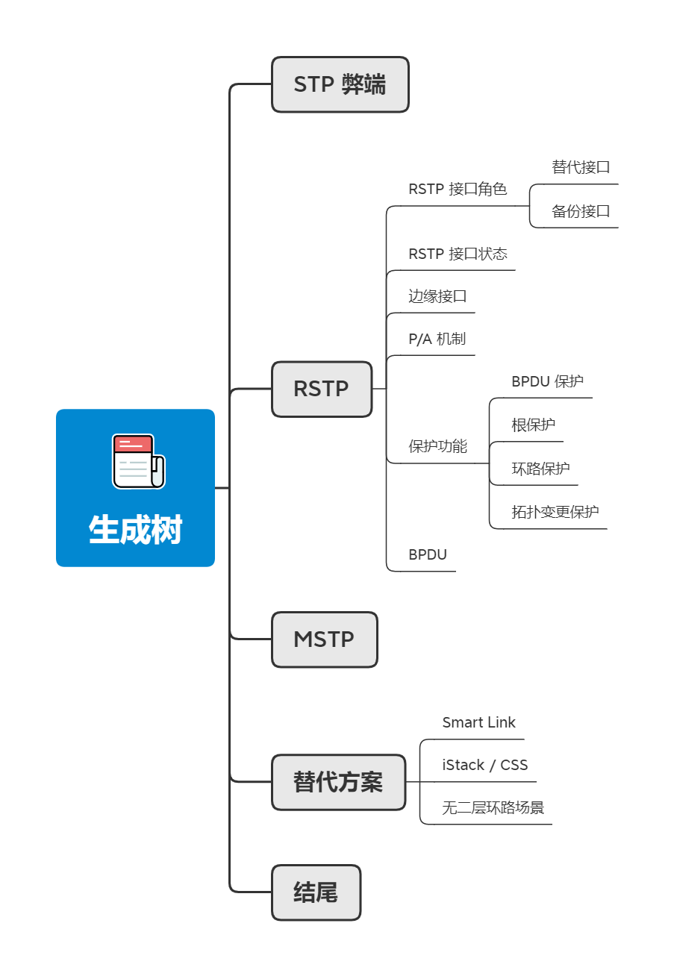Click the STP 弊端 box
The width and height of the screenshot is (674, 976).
pos(340,84)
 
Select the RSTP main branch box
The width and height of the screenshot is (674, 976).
pos(321,389)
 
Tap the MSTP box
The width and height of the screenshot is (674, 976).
pos(324,639)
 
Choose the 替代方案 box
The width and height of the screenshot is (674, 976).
pos(338,782)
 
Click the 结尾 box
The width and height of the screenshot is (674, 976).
pos(316,892)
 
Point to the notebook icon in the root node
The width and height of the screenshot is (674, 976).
pos(138,461)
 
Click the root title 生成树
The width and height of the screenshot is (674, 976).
pos(135,531)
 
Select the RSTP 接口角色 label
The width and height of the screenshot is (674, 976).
pos(458,189)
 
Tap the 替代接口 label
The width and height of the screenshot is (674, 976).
pos(581,167)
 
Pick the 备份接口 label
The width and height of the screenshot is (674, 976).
pos(581,211)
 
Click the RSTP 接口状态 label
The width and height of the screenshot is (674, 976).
pos(458,254)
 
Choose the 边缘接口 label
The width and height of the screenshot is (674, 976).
pos(437,296)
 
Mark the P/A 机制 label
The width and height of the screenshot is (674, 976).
pos(437,339)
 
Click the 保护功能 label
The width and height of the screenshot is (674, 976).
pos(437,446)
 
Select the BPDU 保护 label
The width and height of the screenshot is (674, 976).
pos(547,381)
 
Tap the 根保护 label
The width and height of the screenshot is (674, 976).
pos(533,425)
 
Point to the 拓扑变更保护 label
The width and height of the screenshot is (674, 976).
pos(555,512)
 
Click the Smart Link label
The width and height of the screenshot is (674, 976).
pos(478,722)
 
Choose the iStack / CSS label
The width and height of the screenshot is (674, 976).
pos(484,765)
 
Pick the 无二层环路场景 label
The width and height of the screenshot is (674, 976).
pos(493,807)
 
